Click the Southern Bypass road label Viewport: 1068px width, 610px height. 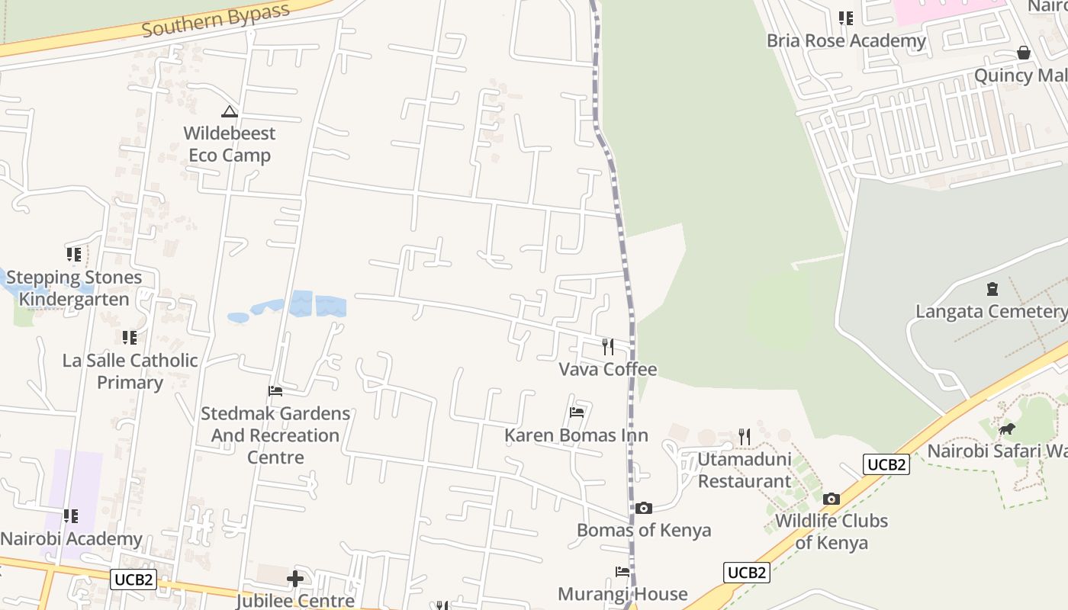point(216,20)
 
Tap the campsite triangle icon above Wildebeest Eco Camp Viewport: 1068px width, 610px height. point(230,112)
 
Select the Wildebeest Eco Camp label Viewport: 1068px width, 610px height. point(230,144)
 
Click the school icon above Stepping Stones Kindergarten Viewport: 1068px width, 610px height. point(74,254)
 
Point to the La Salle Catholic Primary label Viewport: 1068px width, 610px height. point(130,371)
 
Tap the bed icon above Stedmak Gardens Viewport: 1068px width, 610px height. point(275,391)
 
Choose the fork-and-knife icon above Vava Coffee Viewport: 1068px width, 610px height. point(608,347)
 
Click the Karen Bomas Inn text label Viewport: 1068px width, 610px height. point(576,435)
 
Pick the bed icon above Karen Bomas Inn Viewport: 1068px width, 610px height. point(577,413)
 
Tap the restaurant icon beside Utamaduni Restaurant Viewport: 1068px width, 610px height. point(745,437)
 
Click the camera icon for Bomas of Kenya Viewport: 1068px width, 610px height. point(644,508)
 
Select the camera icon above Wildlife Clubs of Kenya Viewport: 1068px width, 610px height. point(832,499)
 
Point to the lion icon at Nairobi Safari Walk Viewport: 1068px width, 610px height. point(1007,429)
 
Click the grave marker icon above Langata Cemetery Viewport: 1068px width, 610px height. point(992,289)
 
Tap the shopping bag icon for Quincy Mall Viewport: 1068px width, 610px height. point(1024,53)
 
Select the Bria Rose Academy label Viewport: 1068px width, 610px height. point(847,40)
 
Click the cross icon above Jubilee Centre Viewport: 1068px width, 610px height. point(295,579)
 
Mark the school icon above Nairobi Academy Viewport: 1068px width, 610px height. point(71,516)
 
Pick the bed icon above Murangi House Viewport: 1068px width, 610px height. point(622,572)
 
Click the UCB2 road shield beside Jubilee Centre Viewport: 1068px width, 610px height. point(133,579)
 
